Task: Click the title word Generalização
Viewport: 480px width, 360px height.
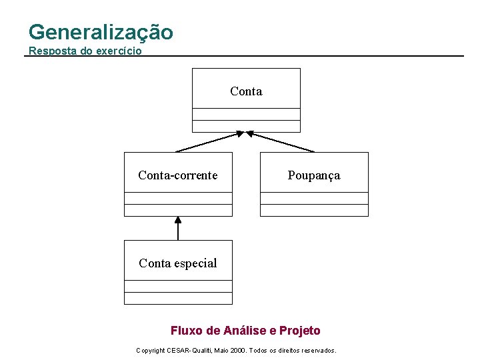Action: click(101, 32)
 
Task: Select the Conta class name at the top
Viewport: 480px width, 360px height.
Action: click(246, 91)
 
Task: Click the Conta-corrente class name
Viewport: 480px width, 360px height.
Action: click(177, 175)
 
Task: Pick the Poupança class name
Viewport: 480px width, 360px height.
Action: click(313, 175)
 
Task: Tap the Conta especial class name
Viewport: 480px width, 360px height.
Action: click(177, 263)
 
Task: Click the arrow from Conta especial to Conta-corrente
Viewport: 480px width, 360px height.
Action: click(178, 229)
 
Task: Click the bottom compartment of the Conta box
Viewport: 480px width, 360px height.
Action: click(246, 127)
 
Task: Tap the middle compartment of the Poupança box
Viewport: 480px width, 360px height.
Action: click(314, 198)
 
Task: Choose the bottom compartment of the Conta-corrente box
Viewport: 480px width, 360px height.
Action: click(178, 211)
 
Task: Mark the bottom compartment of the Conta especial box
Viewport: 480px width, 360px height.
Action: click(178, 299)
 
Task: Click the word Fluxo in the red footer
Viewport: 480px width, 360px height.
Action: click(185, 331)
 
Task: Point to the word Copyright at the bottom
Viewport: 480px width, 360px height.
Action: click(151, 350)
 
